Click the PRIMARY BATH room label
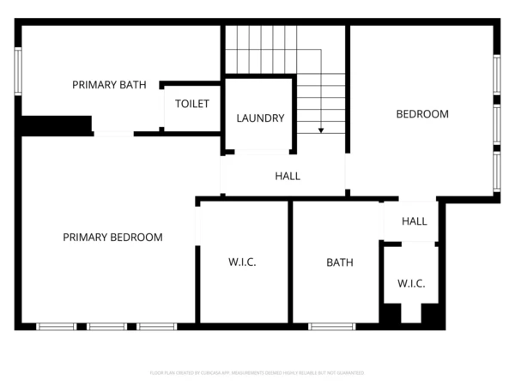click(109, 85)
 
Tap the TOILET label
click(192, 104)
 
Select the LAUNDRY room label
click(260, 118)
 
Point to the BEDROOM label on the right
click(421, 114)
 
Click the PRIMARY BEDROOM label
click(112, 238)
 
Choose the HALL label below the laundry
click(288, 177)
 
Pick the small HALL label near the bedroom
click(415, 221)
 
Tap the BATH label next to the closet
click(339, 262)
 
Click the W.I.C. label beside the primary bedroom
click(243, 262)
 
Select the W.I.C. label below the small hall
click(411, 284)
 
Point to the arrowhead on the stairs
click(321, 130)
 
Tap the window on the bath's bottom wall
click(332, 327)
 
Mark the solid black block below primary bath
click(57, 125)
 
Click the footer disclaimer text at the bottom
click(257, 373)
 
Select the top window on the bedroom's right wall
click(496, 80)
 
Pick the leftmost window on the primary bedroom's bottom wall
click(57, 327)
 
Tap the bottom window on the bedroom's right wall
click(496, 172)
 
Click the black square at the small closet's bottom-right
click(432, 315)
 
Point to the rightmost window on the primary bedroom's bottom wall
click(157, 327)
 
